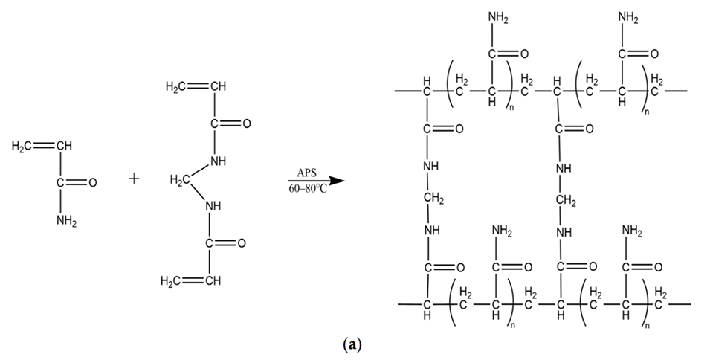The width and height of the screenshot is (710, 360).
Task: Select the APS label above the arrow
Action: tap(307, 173)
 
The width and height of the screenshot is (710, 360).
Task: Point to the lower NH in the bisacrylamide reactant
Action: tap(215, 206)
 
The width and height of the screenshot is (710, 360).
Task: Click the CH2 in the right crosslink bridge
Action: tap(567, 200)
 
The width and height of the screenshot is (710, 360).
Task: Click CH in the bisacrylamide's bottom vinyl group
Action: tap(213, 280)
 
